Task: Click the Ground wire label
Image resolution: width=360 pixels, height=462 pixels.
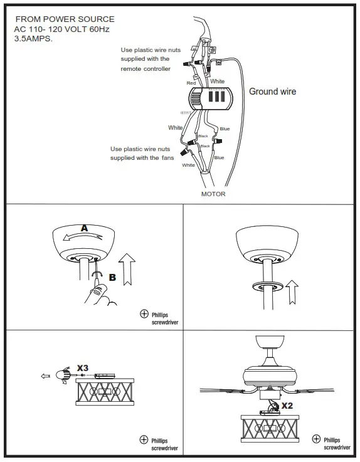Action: coord(272,92)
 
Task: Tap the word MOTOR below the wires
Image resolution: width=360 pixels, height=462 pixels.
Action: coord(213,194)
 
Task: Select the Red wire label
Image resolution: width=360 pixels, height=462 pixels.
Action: coord(191,83)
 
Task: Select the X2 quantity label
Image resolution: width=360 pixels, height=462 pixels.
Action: coord(288,406)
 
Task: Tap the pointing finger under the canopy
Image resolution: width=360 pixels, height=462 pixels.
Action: coord(98,293)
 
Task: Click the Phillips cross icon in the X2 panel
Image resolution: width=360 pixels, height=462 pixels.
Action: coord(319,440)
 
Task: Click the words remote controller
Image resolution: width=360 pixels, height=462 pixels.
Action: coord(146,69)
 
